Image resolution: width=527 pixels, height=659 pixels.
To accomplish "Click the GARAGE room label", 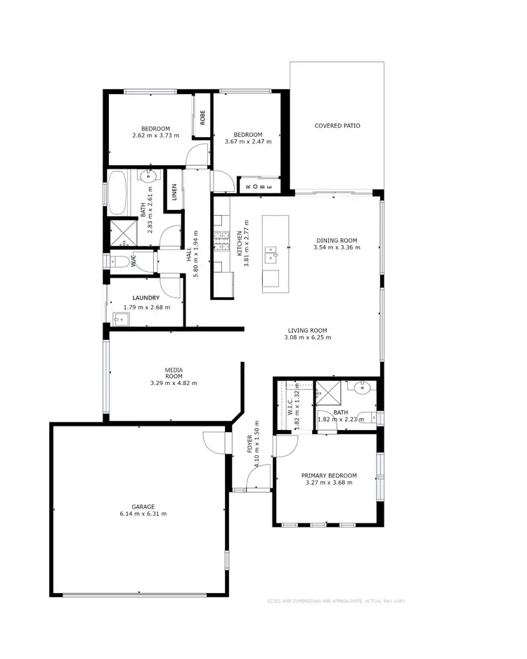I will point(143,506).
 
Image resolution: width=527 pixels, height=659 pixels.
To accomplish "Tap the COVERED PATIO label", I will point(337,126).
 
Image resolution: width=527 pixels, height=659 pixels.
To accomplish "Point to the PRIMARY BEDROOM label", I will point(330,475).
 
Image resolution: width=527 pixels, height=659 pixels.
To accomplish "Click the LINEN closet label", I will point(174,191).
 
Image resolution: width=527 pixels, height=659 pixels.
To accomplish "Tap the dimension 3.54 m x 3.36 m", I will point(337,247).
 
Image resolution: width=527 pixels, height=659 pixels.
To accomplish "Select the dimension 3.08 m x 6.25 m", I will point(308,337).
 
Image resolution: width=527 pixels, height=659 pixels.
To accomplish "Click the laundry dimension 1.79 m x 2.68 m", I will point(147,306).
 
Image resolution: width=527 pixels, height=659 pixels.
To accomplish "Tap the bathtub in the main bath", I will point(117,193).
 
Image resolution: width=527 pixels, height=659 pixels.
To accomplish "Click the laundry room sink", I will point(119,320).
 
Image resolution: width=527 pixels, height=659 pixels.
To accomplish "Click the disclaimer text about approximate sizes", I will point(336,601).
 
